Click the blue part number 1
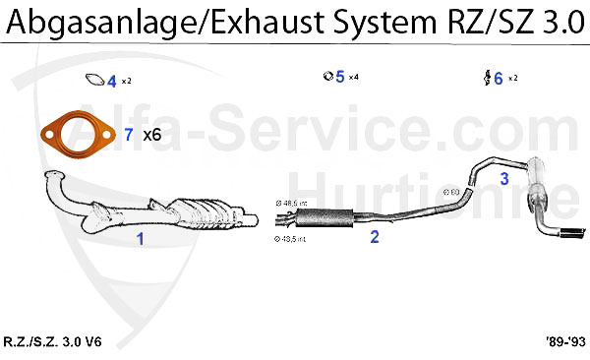coord(140,238)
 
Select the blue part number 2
coord(374,236)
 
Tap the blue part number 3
coord(504,178)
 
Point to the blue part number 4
coord(112,82)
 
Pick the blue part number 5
coord(339,77)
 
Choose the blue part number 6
coord(499,78)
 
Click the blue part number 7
coord(130,135)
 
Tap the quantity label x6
coord(152,135)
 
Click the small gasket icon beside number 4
coord(95,80)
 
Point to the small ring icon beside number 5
coord(327,76)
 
